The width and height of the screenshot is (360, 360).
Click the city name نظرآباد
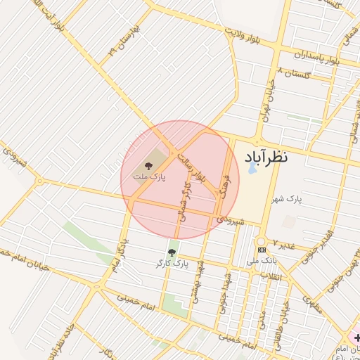pos(266,156)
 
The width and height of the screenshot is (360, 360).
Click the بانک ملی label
pos(262,261)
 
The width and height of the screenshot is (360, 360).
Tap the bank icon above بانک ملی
pos(262,250)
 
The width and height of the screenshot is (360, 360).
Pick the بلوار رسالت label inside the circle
pos(192,166)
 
